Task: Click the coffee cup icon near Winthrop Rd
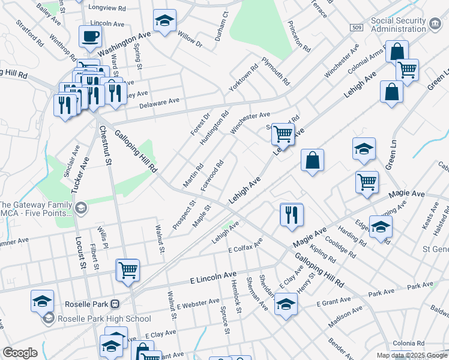coord(90,36)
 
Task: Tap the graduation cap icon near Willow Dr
coord(164,21)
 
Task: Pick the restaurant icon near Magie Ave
coord(292,214)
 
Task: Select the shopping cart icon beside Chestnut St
coord(128,270)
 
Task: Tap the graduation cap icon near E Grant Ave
coord(286,304)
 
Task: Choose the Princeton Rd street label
coord(298,35)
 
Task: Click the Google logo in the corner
coord(20,353)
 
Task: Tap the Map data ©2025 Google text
coord(411,355)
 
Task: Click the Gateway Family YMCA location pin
coord(80,209)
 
